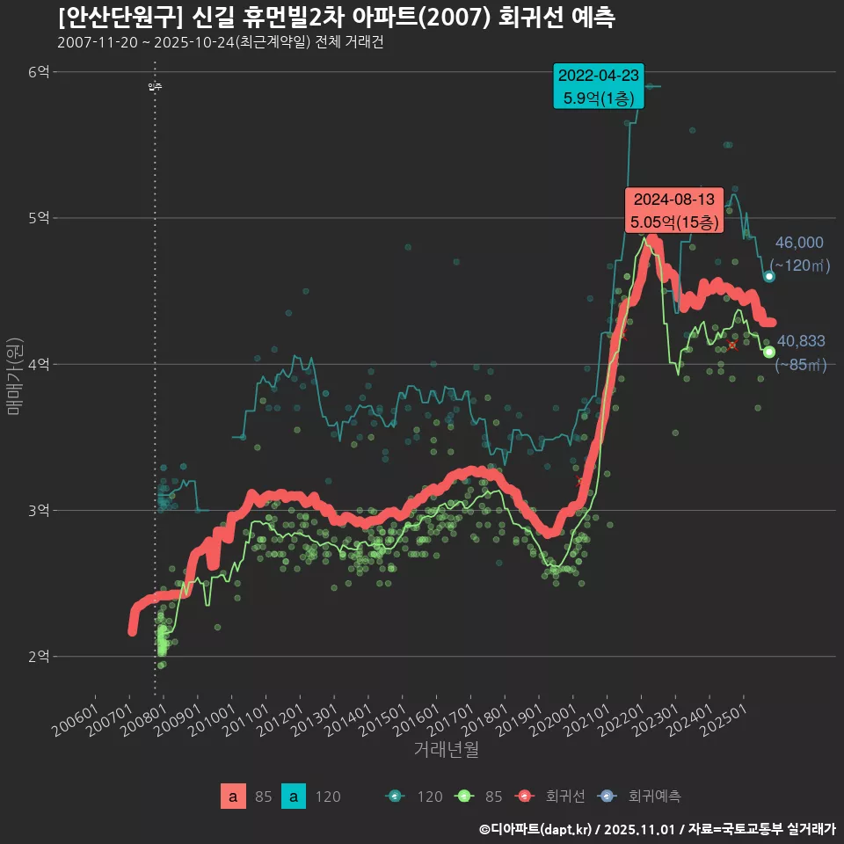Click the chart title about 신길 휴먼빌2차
pyautogui.click(x=335, y=18)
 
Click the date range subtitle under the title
pyautogui.click(x=220, y=43)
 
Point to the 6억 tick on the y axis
pyautogui.click(x=38, y=72)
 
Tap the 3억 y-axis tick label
pyautogui.click(x=38, y=510)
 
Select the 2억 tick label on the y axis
pyautogui.click(x=38, y=656)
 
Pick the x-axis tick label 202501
pyautogui.click(x=726, y=719)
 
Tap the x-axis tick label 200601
pyautogui.click(x=77, y=719)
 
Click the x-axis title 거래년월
pyautogui.click(x=446, y=750)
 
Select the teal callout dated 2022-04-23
pyautogui.click(x=599, y=86)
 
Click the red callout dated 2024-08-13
pyautogui.click(x=673, y=210)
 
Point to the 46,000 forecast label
pyautogui.click(x=799, y=243)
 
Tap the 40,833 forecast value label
pyautogui.click(x=801, y=341)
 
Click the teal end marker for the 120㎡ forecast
pyautogui.click(x=769, y=276)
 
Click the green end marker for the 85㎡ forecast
pyautogui.click(x=769, y=352)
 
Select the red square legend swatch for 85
pyautogui.click(x=233, y=797)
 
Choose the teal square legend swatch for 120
pyautogui.click(x=294, y=797)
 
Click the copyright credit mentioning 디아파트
pyautogui.click(x=657, y=828)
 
